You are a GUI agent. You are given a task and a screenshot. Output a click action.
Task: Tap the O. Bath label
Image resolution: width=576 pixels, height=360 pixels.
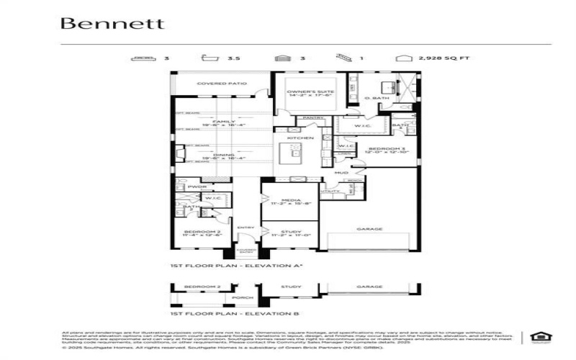point(377,97)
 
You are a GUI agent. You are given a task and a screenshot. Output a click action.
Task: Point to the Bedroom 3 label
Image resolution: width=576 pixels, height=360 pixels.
point(389,149)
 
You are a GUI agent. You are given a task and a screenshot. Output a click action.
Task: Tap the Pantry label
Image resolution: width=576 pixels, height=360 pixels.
point(313,117)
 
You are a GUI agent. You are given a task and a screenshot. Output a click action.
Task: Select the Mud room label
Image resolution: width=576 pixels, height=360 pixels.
point(341,173)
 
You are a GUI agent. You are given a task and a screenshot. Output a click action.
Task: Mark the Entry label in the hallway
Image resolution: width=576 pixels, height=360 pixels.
point(246,228)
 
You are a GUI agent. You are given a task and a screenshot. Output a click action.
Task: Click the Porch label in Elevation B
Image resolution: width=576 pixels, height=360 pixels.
point(238,296)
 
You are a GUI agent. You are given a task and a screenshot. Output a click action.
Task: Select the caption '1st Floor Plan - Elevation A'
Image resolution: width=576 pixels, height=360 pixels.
point(216,266)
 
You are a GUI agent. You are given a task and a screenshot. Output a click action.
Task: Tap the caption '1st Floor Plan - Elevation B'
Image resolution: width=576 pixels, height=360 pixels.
point(216,314)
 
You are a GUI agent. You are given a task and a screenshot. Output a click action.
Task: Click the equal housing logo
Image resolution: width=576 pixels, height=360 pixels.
point(537,336)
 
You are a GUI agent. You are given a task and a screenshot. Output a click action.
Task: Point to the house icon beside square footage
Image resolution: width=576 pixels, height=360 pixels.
point(401,58)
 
